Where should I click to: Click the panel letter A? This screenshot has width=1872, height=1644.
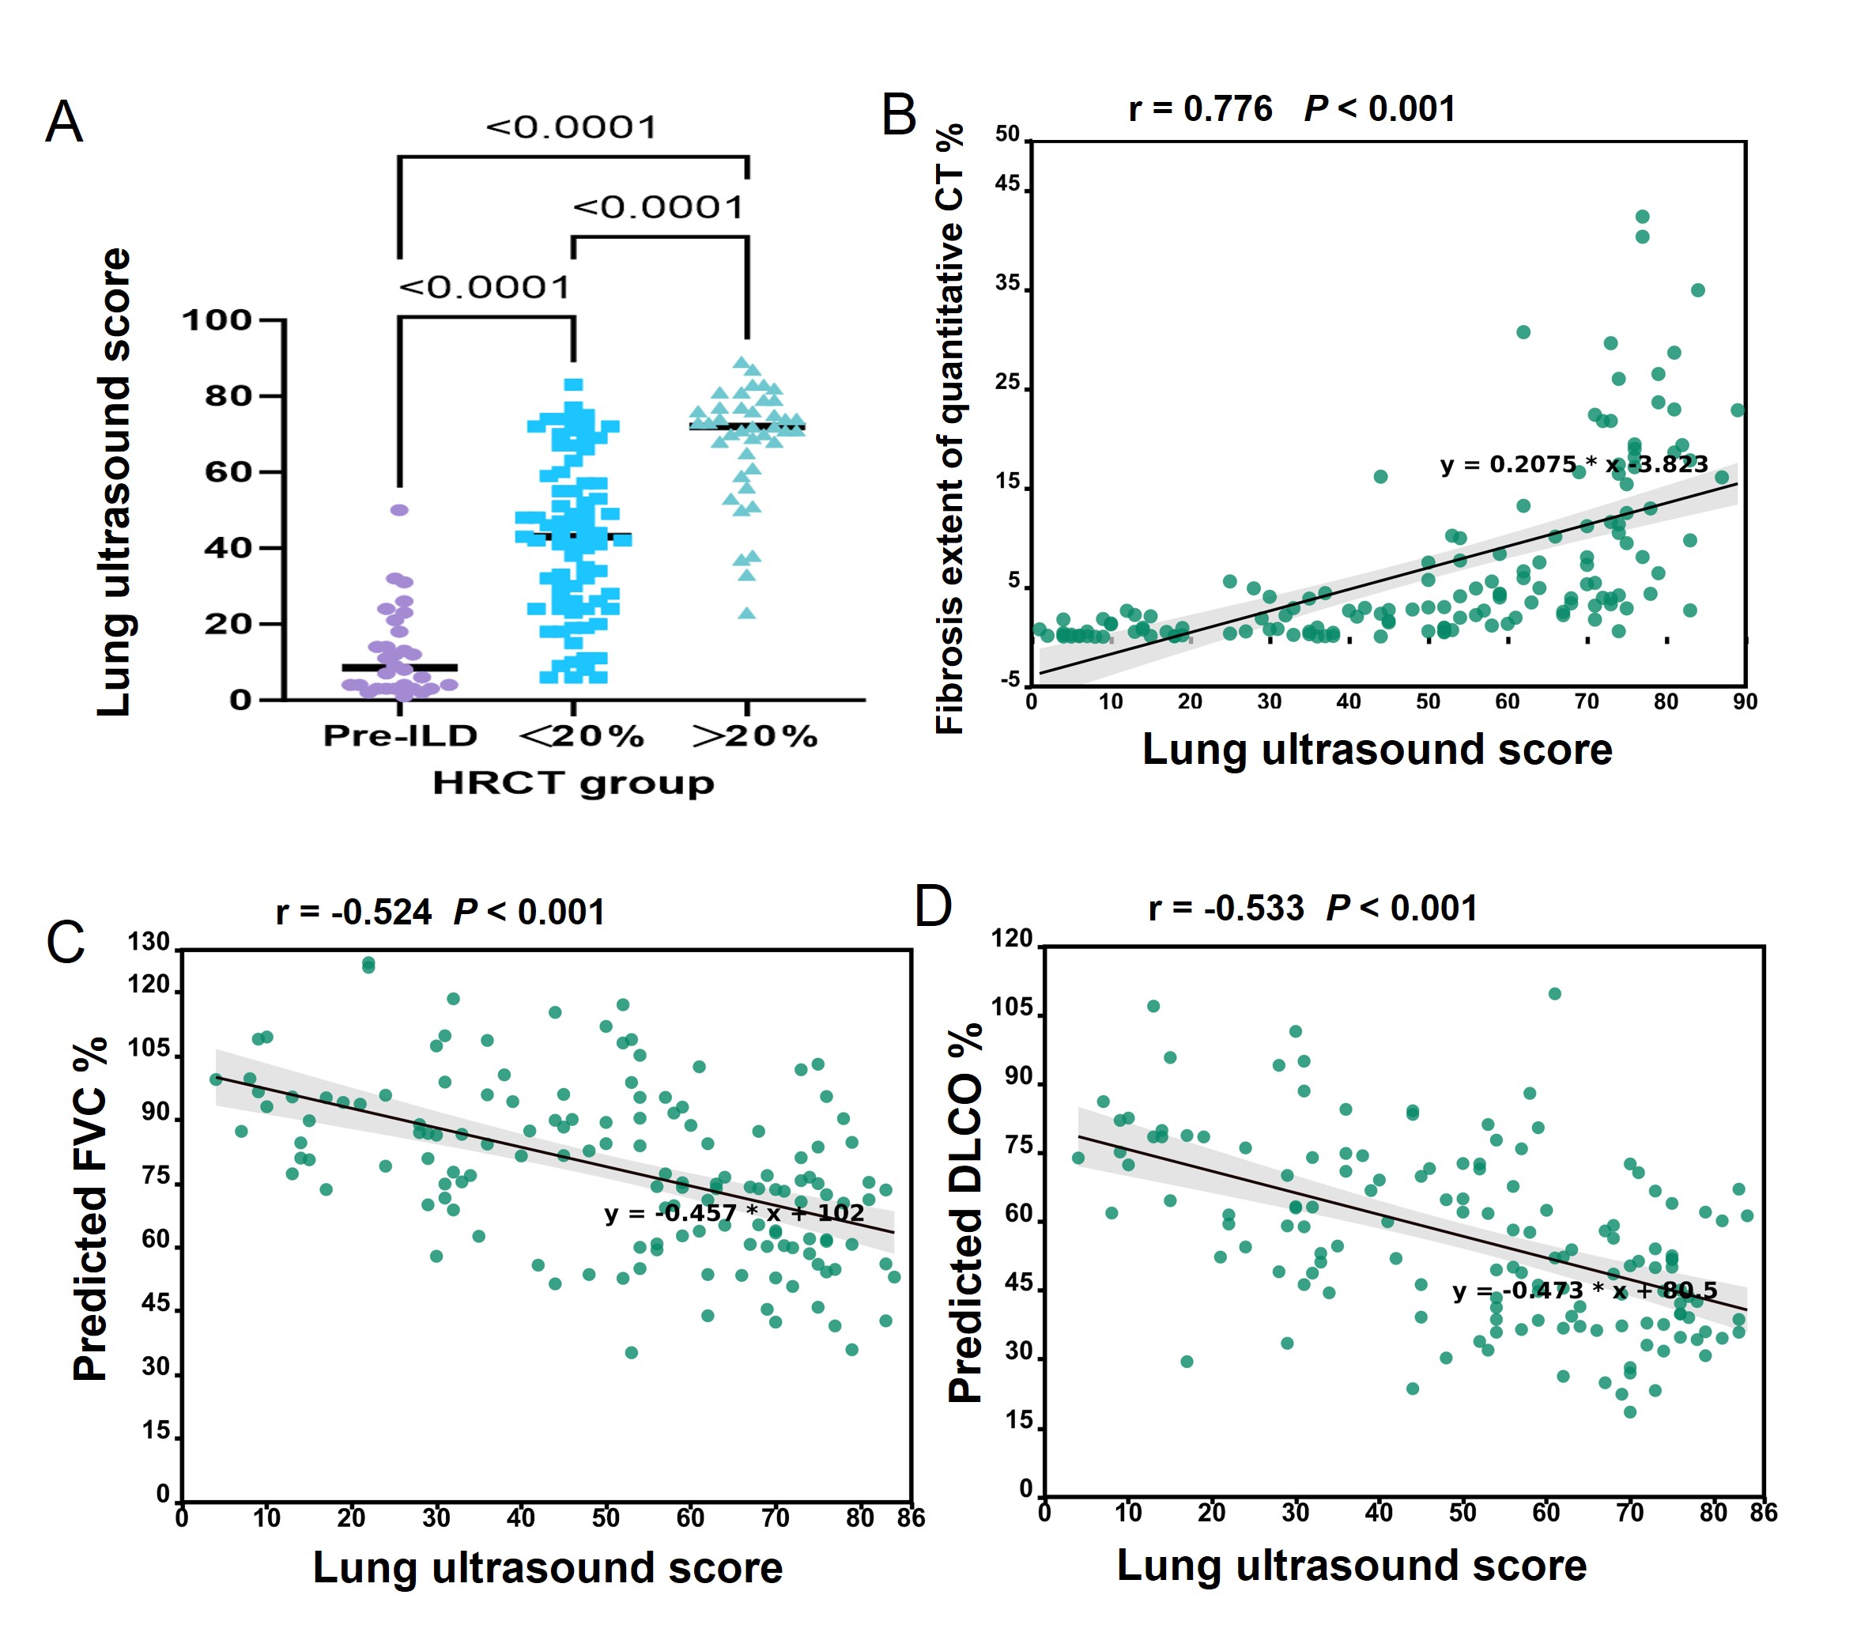(x=64, y=122)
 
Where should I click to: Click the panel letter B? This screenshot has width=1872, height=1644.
(x=899, y=116)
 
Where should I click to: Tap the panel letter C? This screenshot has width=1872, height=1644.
(x=65, y=942)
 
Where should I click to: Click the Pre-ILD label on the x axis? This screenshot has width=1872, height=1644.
(x=400, y=735)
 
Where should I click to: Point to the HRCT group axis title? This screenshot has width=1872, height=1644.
(x=573, y=783)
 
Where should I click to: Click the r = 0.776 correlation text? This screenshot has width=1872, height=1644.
(x=1200, y=109)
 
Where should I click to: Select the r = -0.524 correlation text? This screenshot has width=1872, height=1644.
(x=353, y=913)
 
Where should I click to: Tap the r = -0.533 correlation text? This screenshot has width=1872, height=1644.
(x=1225, y=909)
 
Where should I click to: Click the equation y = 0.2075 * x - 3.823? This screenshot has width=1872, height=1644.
(x=1573, y=464)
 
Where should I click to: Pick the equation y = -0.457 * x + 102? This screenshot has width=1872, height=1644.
(x=734, y=1214)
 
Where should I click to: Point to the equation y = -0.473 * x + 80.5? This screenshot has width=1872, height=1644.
(x=1584, y=1291)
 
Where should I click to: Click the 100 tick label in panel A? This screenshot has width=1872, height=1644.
(x=217, y=320)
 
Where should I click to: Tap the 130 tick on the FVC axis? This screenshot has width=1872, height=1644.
(x=149, y=942)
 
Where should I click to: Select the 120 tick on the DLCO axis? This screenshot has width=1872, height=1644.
(x=1011, y=938)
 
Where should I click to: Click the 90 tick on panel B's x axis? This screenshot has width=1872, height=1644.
(x=1745, y=701)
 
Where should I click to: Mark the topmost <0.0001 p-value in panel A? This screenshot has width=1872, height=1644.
(x=572, y=127)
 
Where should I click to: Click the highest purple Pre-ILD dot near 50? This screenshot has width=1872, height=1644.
(x=399, y=510)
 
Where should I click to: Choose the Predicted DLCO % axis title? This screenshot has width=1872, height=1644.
(x=964, y=1214)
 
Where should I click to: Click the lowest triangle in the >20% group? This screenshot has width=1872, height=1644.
(x=747, y=613)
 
